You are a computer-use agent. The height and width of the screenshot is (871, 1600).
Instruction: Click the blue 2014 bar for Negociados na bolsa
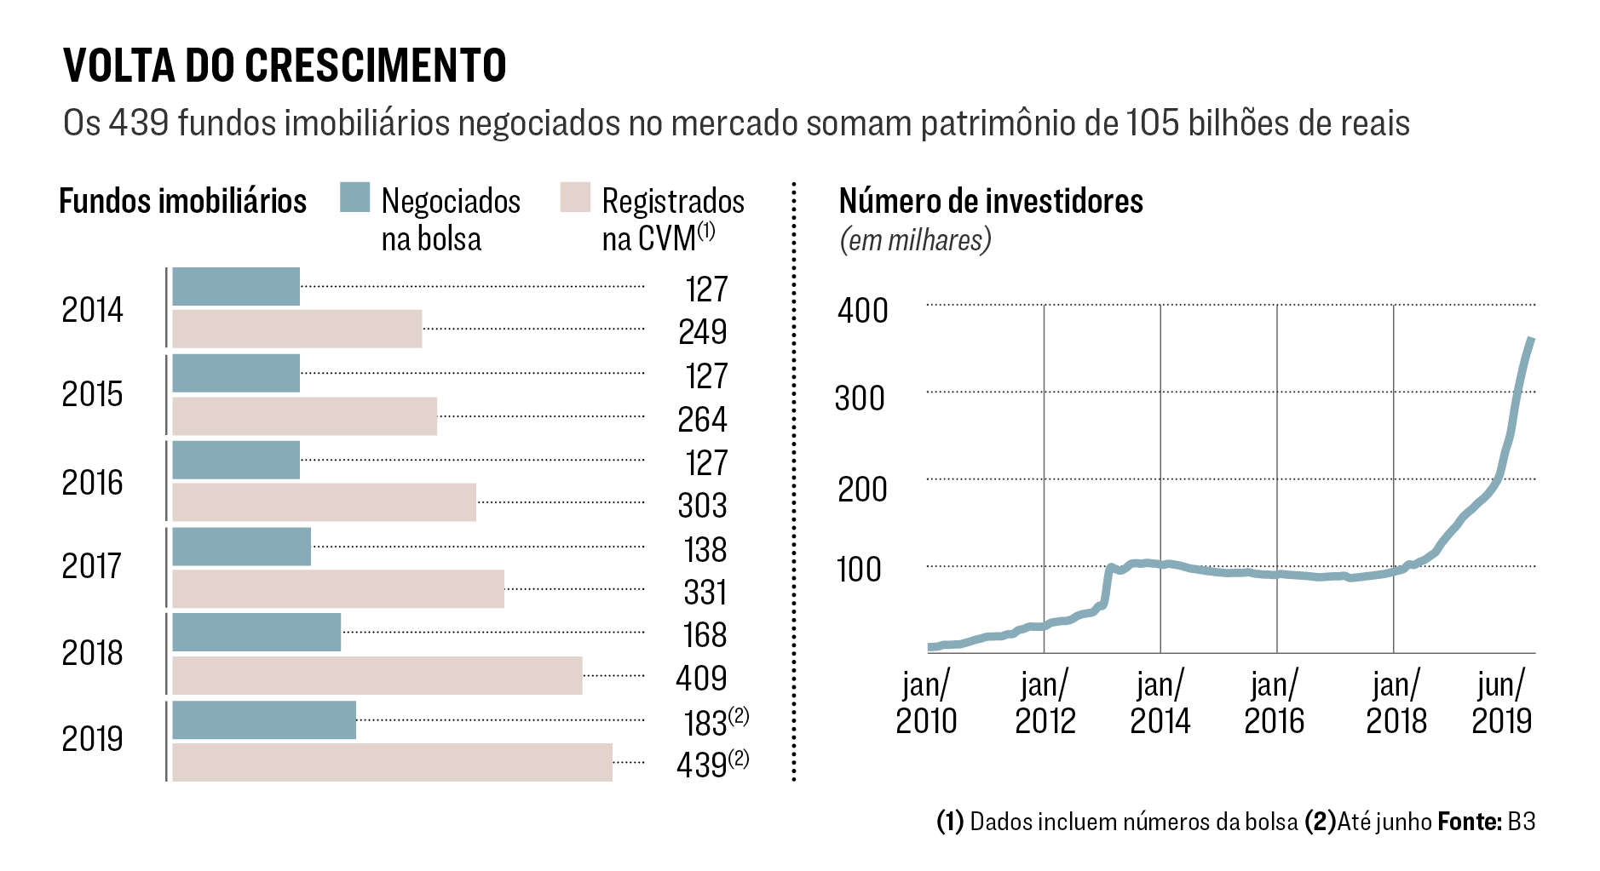click(236, 286)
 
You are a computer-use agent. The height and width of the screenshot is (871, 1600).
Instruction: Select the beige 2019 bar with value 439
click(392, 762)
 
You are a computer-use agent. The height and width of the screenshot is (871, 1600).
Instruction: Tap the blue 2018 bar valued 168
click(256, 632)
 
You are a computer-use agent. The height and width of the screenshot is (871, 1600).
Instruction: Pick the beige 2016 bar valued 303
click(324, 502)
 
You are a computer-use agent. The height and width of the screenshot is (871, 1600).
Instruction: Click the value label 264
click(702, 420)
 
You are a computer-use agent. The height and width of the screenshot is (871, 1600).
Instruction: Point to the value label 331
click(705, 593)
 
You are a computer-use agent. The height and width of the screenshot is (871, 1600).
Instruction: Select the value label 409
click(701, 679)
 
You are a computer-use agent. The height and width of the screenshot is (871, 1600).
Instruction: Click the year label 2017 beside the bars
click(92, 566)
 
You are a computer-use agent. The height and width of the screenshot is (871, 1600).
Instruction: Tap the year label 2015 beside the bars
click(92, 394)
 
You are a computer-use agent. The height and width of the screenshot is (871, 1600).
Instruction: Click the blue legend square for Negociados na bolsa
click(354, 198)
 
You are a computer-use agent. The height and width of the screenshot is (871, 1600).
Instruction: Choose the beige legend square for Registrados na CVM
click(575, 198)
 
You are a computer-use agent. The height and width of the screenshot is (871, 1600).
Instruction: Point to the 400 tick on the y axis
click(862, 311)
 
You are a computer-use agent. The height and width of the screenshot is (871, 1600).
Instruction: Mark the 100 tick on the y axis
click(859, 570)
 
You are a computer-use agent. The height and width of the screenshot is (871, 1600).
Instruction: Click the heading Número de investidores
click(991, 202)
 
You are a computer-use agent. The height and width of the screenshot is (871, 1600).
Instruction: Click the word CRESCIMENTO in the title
click(376, 66)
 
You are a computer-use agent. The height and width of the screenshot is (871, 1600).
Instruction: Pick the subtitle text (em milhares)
click(915, 241)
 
